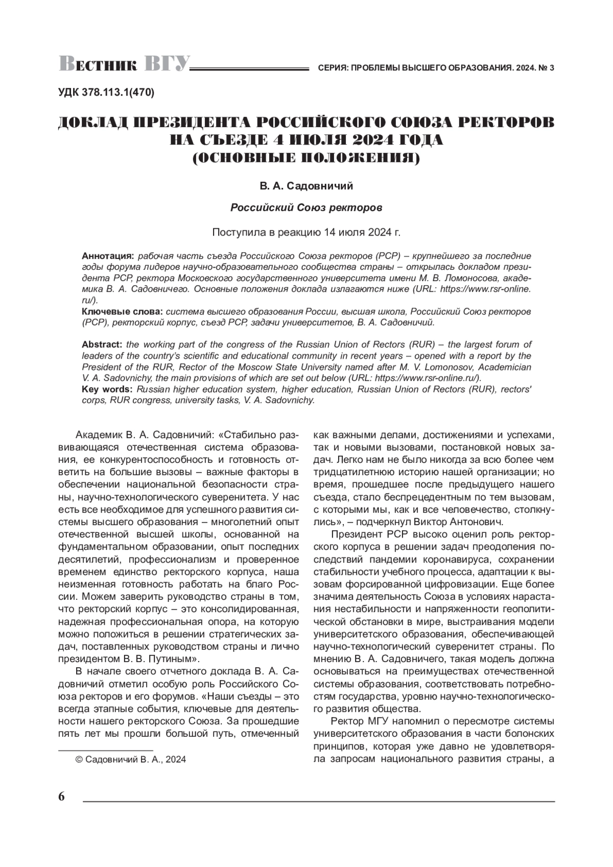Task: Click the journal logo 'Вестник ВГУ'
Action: click(125, 64)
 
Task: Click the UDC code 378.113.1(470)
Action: click(106, 92)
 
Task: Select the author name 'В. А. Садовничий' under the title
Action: click(306, 186)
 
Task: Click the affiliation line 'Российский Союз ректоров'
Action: click(306, 208)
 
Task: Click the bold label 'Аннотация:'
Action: click(108, 255)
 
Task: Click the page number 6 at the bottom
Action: click(62, 796)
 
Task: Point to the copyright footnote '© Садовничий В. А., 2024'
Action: click(131, 760)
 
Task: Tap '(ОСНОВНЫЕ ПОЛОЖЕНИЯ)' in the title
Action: click(306, 158)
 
